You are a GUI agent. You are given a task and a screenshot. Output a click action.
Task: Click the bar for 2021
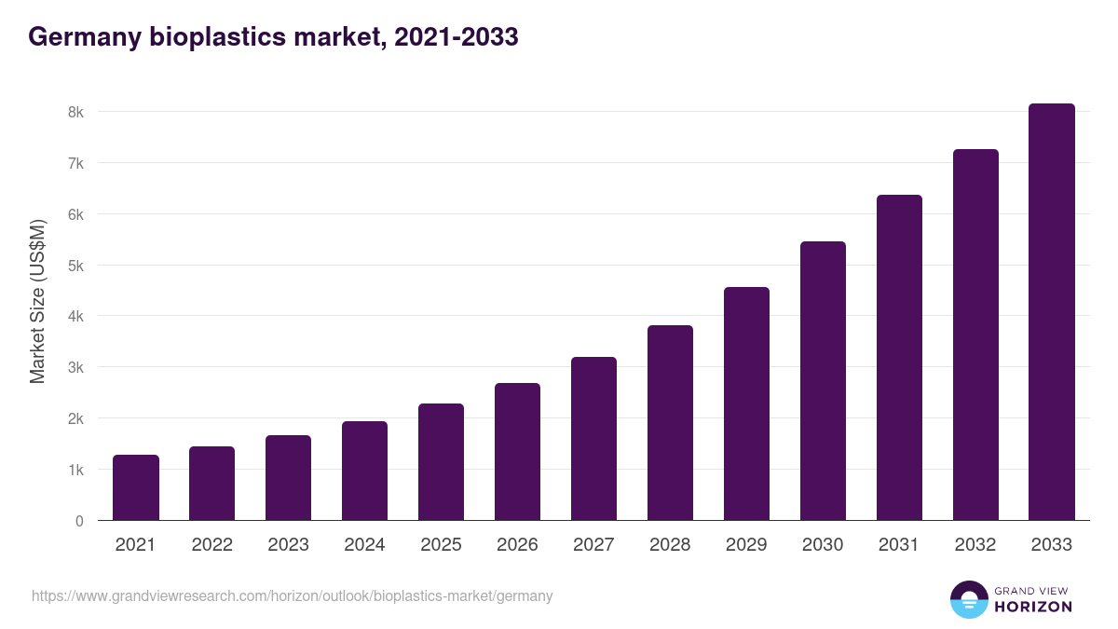click(x=136, y=487)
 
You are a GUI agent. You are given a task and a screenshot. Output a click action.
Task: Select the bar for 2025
click(x=441, y=462)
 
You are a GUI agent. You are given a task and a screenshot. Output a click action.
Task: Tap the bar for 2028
click(x=670, y=423)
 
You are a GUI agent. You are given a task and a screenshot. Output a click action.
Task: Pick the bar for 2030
click(x=823, y=381)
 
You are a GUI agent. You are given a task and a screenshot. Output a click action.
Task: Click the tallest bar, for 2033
click(x=1052, y=312)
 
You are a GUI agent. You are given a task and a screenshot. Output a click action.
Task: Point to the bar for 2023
click(x=288, y=478)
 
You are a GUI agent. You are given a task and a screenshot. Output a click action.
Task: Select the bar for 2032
click(x=975, y=335)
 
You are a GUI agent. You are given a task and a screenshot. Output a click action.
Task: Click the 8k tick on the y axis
click(x=75, y=112)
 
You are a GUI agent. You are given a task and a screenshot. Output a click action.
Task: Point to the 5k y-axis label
click(x=75, y=266)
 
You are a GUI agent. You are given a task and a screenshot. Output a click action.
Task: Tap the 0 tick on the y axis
click(x=79, y=521)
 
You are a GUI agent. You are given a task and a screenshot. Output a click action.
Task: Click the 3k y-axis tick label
click(x=75, y=367)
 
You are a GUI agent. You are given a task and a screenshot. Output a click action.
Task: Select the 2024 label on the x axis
click(x=364, y=545)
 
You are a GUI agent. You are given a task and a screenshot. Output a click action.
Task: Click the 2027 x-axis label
click(x=593, y=545)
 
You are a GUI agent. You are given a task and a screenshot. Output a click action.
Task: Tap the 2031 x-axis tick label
click(x=899, y=545)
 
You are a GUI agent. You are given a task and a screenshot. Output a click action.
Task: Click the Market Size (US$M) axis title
click(x=38, y=301)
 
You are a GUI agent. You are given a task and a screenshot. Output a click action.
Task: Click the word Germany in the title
click(x=85, y=37)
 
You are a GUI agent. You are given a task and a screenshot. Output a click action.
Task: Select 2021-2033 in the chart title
click(x=457, y=37)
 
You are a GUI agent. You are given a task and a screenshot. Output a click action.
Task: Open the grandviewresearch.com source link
click(x=292, y=596)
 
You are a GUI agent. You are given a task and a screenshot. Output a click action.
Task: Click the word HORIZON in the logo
click(x=1033, y=607)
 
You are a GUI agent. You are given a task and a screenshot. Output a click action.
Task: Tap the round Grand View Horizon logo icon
click(x=968, y=599)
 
